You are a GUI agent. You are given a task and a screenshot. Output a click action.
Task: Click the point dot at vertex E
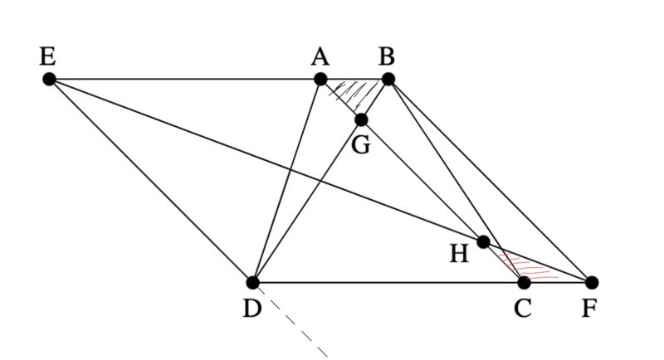pyautogui.click(x=49, y=79)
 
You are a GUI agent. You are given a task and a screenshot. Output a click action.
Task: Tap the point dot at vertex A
pyautogui.click(x=320, y=79)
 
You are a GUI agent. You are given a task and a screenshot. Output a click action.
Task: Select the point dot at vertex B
pyautogui.click(x=388, y=79)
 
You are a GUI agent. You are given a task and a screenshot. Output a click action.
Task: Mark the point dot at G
pyautogui.click(x=361, y=119)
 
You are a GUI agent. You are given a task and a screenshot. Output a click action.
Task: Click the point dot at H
pyautogui.click(x=483, y=242)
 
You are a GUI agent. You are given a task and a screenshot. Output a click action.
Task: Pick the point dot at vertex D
pyautogui.click(x=253, y=282)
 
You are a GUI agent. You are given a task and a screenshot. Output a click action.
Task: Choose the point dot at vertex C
pyautogui.click(x=524, y=282)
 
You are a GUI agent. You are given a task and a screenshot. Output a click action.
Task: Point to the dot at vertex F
pyautogui.click(x=591, y=282)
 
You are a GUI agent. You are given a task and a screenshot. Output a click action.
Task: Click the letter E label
pyautogui.click(x=47, y=56)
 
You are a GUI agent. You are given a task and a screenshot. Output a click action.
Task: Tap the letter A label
pyautogui.click(x=320, y=56)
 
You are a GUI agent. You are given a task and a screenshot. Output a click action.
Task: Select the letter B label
pyautogui.click(x=387, y=56)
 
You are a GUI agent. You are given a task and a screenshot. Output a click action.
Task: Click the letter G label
pyautogui.click(x=360, y=144)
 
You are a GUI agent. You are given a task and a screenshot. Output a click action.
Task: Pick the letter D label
pyautogui.click(x=251, y=309)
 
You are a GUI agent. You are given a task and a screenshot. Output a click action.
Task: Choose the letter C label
pyautogui.click(x=522, y=309)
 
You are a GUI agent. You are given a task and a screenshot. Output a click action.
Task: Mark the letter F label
pyautogui.click(x=589, y=309)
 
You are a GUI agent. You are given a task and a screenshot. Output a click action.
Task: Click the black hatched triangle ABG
pyautogui.click(x=358, y=92)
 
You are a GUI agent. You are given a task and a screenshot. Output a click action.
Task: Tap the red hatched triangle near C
pyautogui.click(x=528, y=268)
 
